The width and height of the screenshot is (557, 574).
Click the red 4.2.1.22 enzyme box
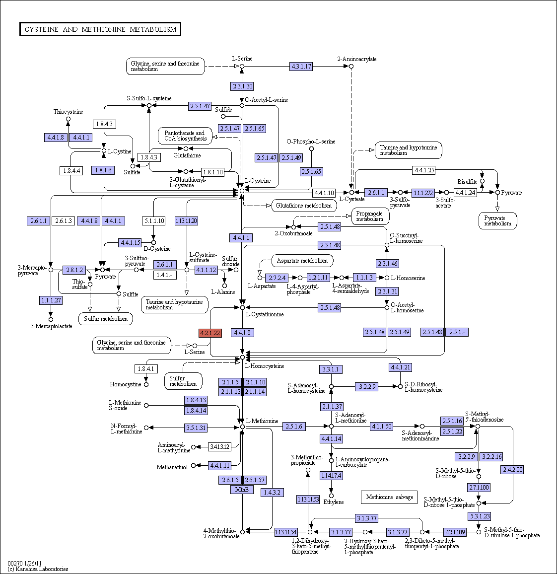[210, 333]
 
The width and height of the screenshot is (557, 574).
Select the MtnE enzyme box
[242, 490]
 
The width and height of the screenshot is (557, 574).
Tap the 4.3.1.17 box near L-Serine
[301, 67]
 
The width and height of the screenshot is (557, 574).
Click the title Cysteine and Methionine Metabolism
[100, 29]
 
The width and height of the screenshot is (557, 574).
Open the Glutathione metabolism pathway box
[304, 206]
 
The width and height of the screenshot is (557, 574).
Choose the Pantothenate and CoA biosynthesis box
[186, 136]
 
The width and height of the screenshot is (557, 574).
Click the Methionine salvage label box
[389, 497]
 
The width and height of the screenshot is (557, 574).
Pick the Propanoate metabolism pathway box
[370, 216]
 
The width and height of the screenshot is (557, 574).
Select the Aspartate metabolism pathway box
[302, 261]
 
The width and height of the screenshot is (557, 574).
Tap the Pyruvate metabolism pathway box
[498, 221]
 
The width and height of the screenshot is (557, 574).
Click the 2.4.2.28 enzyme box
[512, 470]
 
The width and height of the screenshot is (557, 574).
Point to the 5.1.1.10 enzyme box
[154, 221]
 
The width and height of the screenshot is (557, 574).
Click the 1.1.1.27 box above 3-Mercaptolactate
[51, 300]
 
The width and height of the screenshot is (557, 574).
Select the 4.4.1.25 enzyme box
[424, 170]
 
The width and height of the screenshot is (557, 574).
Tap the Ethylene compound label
[334, 502]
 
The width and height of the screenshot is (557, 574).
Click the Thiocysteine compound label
[68, 112]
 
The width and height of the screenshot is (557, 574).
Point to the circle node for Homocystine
[146, 385]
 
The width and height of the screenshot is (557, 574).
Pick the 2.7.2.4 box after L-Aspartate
[277, 278]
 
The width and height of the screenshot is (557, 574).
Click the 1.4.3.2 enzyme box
[272, 493]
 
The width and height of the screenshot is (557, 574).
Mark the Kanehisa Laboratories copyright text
[38, 569]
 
